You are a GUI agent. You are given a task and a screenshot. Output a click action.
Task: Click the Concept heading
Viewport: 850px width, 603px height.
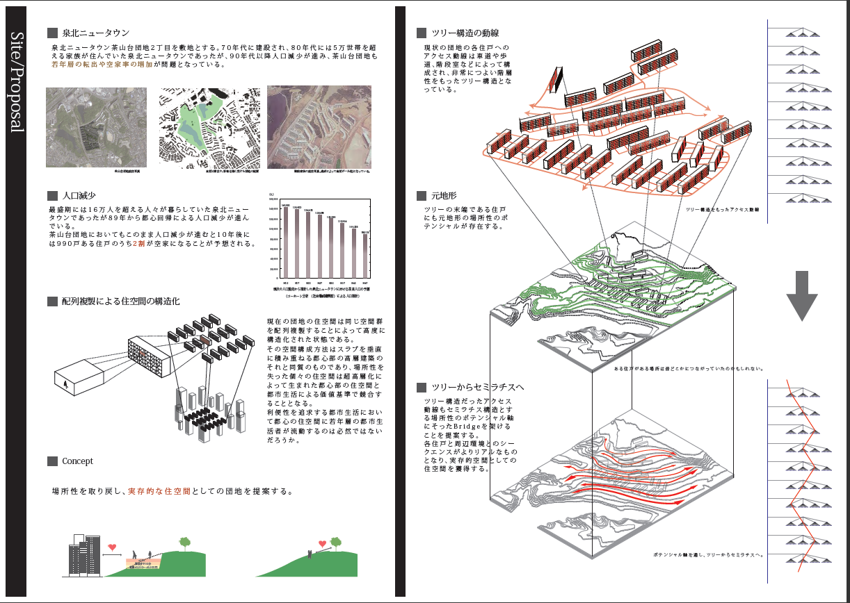77,461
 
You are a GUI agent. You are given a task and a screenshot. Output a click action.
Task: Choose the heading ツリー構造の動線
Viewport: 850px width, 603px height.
465,33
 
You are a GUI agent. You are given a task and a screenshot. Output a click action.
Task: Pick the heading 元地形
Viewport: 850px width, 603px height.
442,196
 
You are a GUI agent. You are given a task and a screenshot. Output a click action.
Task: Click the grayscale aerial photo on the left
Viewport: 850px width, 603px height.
96,127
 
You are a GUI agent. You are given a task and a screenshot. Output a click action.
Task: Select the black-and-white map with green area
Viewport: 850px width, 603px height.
210,127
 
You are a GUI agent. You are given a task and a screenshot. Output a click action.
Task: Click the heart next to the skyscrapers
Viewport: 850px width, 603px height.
112,547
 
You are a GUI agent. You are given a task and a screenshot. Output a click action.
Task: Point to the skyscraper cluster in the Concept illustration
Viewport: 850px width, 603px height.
83,556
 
